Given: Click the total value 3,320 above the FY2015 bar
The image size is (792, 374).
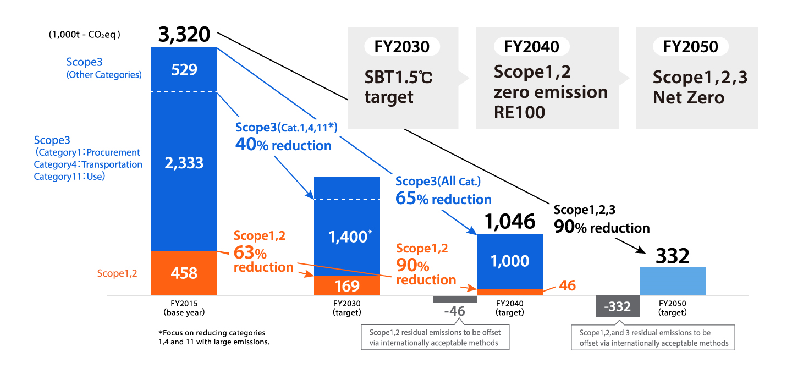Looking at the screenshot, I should click(184, 35).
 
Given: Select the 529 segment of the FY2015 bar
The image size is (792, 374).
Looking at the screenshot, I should click(184, 70).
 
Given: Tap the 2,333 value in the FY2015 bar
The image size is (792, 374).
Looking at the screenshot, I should click(184, 163).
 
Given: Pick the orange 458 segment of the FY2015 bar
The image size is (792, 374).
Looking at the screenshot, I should click(184, 273).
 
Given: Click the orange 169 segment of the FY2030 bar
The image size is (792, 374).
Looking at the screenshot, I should click(346, 285).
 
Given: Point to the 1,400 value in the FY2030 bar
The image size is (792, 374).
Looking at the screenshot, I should click(348, 237).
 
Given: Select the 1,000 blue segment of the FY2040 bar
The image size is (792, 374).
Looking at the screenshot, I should click(510, 261).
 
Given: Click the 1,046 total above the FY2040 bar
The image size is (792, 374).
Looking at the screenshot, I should click(510, 221).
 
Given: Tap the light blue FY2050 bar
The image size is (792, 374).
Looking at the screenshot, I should click(672, 281).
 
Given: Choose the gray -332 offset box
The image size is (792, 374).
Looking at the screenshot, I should click(617, 306).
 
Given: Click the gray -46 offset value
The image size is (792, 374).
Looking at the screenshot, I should click(454, 311).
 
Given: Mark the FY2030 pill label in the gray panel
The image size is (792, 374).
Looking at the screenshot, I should click(402, 47).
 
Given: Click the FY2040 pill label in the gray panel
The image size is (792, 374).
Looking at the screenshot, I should click(531, 47).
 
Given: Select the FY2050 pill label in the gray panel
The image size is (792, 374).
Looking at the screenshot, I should click(691, 47).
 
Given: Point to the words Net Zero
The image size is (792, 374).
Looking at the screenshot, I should click(689, 98).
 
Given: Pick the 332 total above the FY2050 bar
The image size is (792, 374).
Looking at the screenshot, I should click(672, 256).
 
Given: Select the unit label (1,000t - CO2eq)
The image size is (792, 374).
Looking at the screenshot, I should click(84, 35).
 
